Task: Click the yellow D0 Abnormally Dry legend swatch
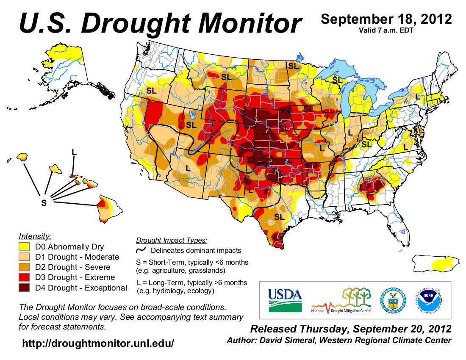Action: [25, 246]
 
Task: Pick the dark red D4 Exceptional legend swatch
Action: [25, 288]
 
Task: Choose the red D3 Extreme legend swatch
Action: [25, 277]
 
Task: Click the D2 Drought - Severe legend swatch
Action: [25, 267]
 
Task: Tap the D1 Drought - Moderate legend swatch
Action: [25, 257]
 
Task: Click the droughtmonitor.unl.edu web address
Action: [98, 343]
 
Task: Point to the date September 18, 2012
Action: [386, 19]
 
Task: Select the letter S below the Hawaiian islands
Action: [43, 203]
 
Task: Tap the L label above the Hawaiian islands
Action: [74, 151]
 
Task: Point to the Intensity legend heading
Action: [35, 236]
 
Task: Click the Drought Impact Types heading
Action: [172, 240]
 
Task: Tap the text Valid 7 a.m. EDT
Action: [386, 30]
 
